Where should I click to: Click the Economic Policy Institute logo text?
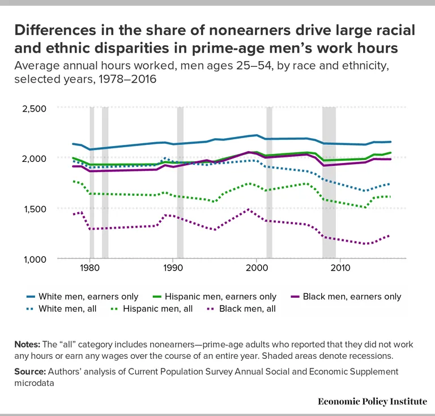click(x=372, y=401)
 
